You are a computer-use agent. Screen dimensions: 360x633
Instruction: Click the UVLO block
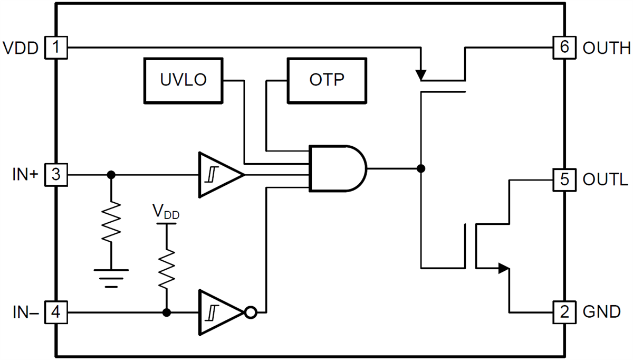(x=183, y=80)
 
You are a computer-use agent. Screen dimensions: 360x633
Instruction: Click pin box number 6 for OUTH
(x=564, y=48)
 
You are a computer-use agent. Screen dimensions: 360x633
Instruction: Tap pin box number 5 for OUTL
(x=564, y=180)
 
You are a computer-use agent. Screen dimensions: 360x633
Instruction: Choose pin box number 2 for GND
(x=564, y=312)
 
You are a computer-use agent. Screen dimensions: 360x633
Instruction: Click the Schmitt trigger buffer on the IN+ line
(x=217, y=174)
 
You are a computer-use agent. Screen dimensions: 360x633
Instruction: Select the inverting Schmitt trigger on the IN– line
(x=217, y=312)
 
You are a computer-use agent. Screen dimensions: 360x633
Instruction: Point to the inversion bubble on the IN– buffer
(x=251, y=312)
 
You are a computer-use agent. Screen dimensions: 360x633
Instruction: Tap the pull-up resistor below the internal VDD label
(x=167, y=268)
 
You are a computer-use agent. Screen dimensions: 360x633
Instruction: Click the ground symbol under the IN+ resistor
(x=111, y=277)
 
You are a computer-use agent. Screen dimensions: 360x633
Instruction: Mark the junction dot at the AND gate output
(x=420, y=168)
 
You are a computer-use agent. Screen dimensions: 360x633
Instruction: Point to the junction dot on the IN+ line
(x=111, y=174)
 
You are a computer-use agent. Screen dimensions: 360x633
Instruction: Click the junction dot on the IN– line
(x=167, y=312)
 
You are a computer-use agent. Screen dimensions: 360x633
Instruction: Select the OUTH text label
(x=606, y=48)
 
